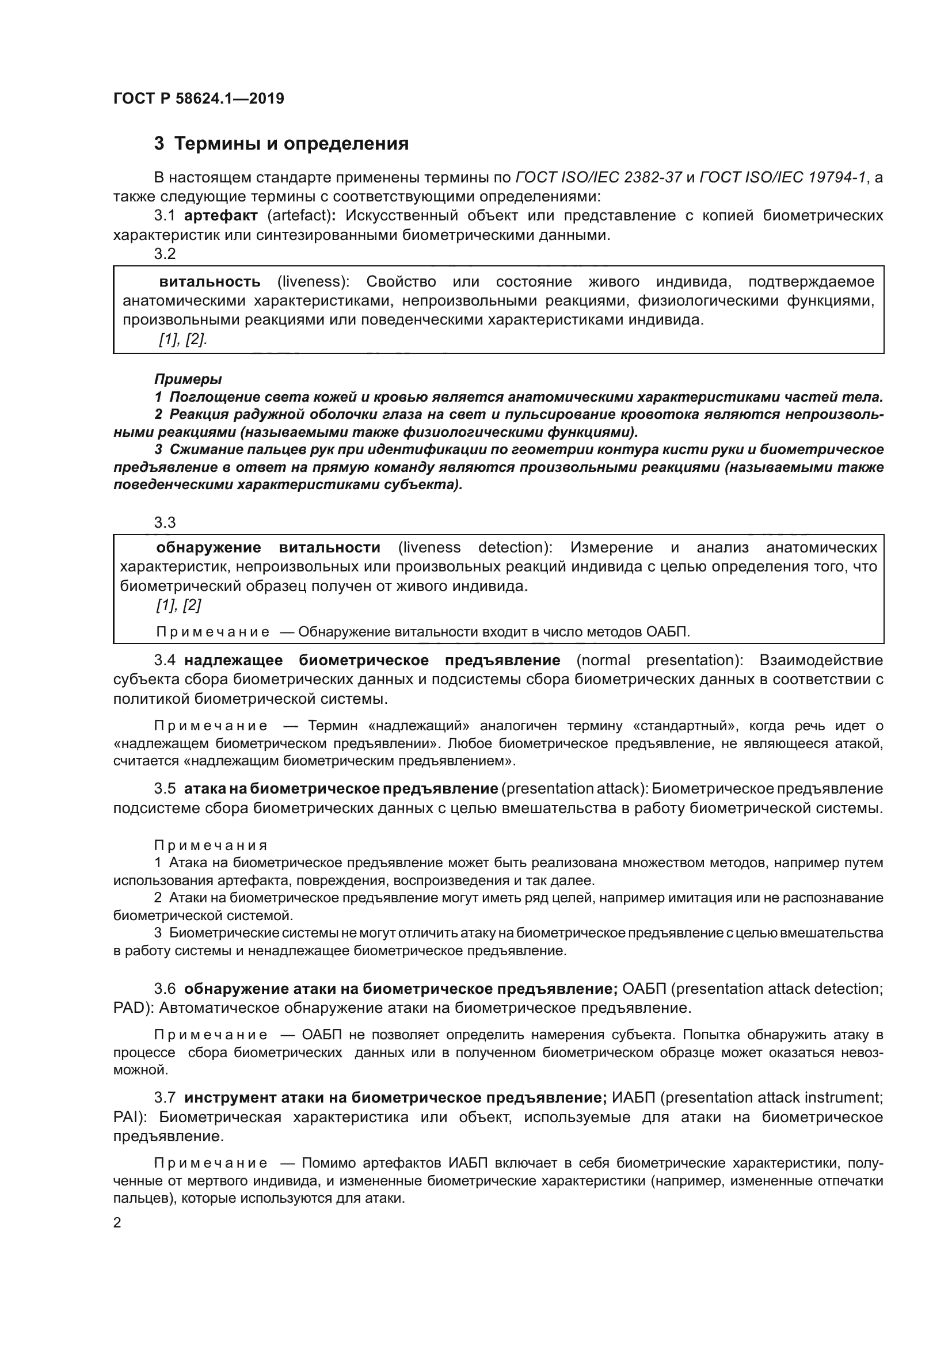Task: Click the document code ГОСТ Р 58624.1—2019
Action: click(199, 98)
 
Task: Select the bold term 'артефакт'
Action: click(221, 216)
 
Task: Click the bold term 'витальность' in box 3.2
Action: click(210, 282)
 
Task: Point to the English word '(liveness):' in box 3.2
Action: click(313, 282)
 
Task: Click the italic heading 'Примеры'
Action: click(188, 379)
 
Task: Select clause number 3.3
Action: click(165, 522)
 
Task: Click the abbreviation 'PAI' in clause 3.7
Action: click(128, 1118)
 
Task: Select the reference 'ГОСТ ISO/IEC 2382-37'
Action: click(598, 177)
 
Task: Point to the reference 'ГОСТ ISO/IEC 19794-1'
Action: click(783, 177)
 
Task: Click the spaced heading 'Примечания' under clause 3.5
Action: click(211, 845)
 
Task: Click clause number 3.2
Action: click(165, 254)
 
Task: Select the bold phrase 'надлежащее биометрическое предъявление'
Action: click(372, 660)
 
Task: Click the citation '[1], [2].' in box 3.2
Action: click(182, 340)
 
